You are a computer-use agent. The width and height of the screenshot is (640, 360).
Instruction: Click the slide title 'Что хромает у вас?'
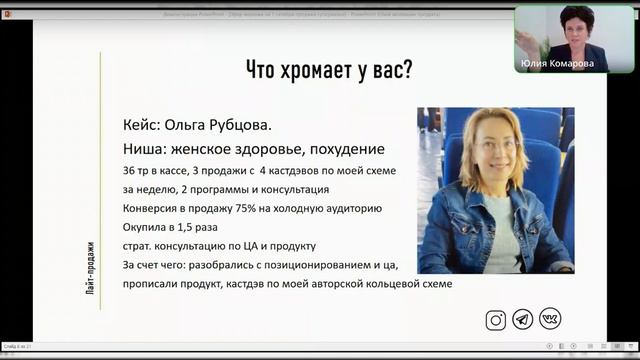coord(330,72)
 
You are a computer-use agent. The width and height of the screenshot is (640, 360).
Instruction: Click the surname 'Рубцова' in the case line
coord(235,127)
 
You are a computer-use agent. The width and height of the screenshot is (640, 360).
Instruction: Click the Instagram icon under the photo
coord(495,320)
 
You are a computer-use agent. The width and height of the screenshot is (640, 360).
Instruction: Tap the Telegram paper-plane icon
coord(522,320)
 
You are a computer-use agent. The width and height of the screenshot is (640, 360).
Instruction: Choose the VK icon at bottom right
coord(549,320)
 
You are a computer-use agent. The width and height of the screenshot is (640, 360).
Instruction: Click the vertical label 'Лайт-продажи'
coord(91,269)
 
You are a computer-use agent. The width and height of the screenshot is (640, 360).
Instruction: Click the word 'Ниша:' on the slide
coord(146,149)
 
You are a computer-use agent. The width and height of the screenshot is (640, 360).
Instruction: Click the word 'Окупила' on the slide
coord(146,227)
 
